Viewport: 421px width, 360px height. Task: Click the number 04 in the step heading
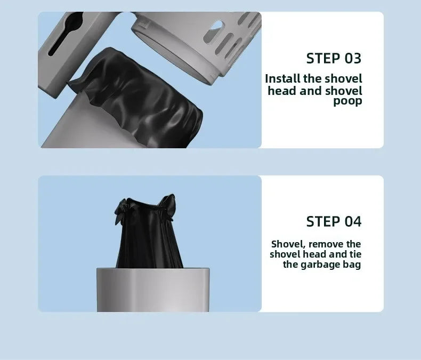click(350, 221)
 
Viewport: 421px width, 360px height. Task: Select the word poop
click(347, 101)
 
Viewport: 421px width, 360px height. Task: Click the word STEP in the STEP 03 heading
click(322, 58)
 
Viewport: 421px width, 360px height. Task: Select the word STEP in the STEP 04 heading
click(322, 221)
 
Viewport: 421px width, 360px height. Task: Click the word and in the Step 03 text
click(311, 91)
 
